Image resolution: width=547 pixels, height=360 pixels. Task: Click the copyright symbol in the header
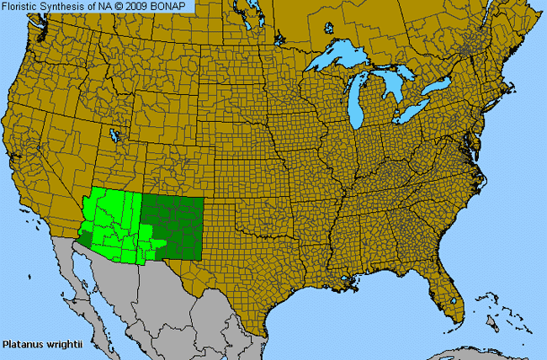(x=119, y=6)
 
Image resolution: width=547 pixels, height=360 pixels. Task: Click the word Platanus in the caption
(x=23, y=344)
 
